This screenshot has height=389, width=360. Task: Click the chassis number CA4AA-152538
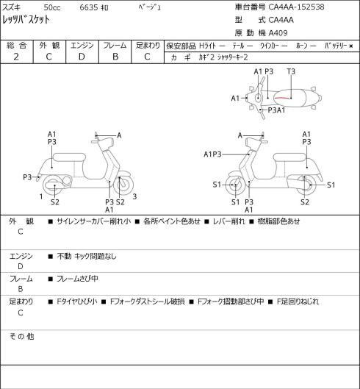[x=296, y=7]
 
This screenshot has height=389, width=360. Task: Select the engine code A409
[x=278, y=33]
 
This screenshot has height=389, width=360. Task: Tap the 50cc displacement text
[x=52, y=7]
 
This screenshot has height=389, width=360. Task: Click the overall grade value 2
[x=16, y=57]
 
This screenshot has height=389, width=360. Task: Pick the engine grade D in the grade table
[x=82, y=57]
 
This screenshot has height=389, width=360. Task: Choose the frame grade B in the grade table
[x=115, y=57]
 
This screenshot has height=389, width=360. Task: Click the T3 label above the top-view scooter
[x=291, y=71]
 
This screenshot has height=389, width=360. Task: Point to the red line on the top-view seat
[x=282, y=98]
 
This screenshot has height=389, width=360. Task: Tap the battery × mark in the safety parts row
[x=351, y=46]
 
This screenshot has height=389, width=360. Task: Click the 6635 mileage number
[x=89, y=7]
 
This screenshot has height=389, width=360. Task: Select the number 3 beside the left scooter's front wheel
[x=134, y=196]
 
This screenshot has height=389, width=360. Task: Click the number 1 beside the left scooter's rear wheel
[x=41, y=196]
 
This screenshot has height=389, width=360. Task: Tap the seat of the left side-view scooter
[x=69, y=157]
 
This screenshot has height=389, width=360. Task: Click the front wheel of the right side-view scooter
[x=235, y=185]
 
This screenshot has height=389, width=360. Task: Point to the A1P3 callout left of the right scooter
[x=212, y=154]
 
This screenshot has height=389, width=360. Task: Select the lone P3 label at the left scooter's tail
[x=27, y=177]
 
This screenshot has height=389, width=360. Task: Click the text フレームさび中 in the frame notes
[x=77, y=279]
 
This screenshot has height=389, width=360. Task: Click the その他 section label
[x=21, y=336]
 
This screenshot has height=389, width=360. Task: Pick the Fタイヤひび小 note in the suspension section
[x=77, y=301]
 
